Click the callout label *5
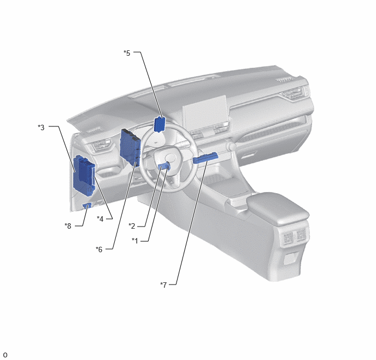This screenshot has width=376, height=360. (x=127, y=53)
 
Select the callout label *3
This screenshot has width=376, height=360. (x=41, y=127)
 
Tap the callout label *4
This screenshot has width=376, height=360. (x=100, y=219)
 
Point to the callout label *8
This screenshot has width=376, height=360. (x=68, y=226)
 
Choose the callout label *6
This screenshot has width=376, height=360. (x=99, y=249)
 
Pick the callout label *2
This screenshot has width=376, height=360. (x=132, y=226)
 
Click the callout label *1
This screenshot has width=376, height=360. (x=135, y=241)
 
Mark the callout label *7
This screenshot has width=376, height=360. (x=163, y=285)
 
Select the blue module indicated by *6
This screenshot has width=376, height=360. (x=130, y=147)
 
